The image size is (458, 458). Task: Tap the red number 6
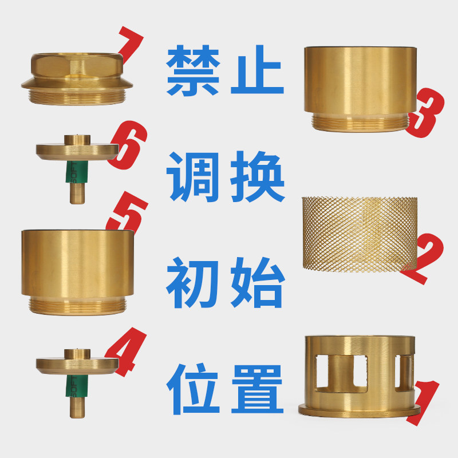(128, 145)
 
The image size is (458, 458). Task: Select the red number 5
(128, 212)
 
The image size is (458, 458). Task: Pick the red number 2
(424, 258)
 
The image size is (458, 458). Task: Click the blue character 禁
(193, 70)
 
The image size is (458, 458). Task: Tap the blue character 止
(257, 69)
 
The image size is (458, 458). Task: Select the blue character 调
(193, 177)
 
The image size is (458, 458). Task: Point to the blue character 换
(257, 177)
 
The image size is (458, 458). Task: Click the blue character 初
(192, 283)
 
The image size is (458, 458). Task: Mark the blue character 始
(258, 283)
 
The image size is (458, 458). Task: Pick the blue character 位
(193, 389)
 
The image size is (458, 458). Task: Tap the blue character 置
(258, 389)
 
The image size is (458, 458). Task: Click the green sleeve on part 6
(77, 172)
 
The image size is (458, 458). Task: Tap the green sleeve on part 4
(77, 386)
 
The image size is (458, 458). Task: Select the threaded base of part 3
(360, 122)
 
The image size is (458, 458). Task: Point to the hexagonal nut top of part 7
(77, 66)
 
